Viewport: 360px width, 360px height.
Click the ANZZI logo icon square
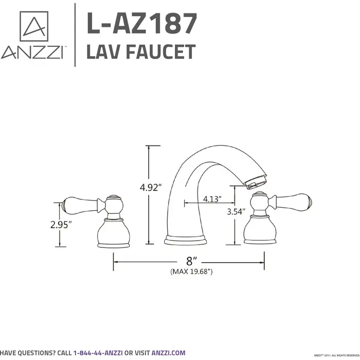[x=33, y=26]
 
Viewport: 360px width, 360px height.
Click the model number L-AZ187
[x=142, y=24]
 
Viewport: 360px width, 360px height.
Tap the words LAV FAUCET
[x=141, y=52]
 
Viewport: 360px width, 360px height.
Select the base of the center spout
[x=185, y=240]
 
